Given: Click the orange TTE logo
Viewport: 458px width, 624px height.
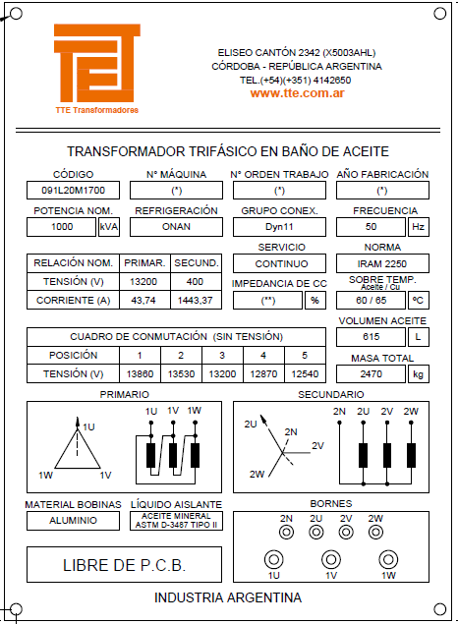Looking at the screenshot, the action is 97,63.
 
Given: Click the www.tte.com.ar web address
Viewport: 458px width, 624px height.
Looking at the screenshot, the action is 297,93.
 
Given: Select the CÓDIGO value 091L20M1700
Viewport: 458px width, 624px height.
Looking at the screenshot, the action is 73,191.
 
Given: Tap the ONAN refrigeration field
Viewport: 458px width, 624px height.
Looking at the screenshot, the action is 176,227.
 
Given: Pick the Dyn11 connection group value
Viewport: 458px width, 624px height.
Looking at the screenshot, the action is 279,227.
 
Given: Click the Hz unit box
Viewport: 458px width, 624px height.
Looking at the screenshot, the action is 419,227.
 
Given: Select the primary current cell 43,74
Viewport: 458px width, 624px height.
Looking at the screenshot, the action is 144,300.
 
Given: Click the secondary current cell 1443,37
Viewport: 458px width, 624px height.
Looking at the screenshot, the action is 196,300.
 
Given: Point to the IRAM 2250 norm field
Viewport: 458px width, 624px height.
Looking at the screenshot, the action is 382,263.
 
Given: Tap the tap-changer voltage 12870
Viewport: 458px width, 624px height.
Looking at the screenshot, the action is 263,374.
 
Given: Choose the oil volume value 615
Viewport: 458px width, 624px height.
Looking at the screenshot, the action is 371,337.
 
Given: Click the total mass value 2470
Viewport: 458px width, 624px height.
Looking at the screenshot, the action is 371,374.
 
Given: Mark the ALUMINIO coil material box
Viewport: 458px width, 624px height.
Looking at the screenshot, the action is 73,521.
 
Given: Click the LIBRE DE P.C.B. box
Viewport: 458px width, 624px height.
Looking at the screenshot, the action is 124,565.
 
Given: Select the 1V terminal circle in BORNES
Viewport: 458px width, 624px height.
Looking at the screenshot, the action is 331,559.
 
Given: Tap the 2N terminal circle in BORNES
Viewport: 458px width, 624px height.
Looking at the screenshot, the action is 286,532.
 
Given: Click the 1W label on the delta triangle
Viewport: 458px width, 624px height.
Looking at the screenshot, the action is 46,476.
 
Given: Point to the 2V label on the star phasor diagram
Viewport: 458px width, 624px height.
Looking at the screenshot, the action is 317,446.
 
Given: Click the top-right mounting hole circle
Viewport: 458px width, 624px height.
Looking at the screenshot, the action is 439,14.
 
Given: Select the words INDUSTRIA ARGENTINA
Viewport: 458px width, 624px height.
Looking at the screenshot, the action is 228,597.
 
